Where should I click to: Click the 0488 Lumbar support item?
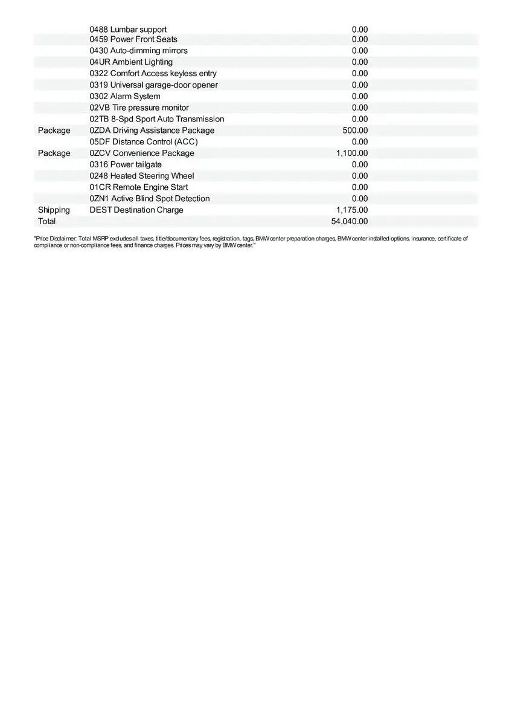[128, 30]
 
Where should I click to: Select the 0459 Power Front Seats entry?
[133, 39]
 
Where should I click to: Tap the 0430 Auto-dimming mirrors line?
[138, 51]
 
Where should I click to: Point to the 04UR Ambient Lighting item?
[131, 62]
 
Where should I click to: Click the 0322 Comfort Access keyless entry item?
[153, 74]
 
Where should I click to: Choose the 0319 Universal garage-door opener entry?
[153, 85]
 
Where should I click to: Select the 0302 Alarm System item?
[125, 97]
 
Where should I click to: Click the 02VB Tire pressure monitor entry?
[139, 108]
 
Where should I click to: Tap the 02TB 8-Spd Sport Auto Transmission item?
[156, 119]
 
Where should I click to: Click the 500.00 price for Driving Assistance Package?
[354, 130]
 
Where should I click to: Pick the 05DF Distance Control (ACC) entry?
[144, 142]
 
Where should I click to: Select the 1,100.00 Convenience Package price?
[351, 153]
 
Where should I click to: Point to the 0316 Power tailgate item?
[126, 165]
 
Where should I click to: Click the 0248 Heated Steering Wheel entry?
[142, 176]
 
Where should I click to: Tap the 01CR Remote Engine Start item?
[138, 187]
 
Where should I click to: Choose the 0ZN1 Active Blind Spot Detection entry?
[150, 199]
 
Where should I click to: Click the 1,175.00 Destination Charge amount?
[351, 210]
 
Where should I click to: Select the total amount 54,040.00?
[349, 222]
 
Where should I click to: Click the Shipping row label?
[54, 210]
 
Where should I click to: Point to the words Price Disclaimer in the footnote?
[56, 239]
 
